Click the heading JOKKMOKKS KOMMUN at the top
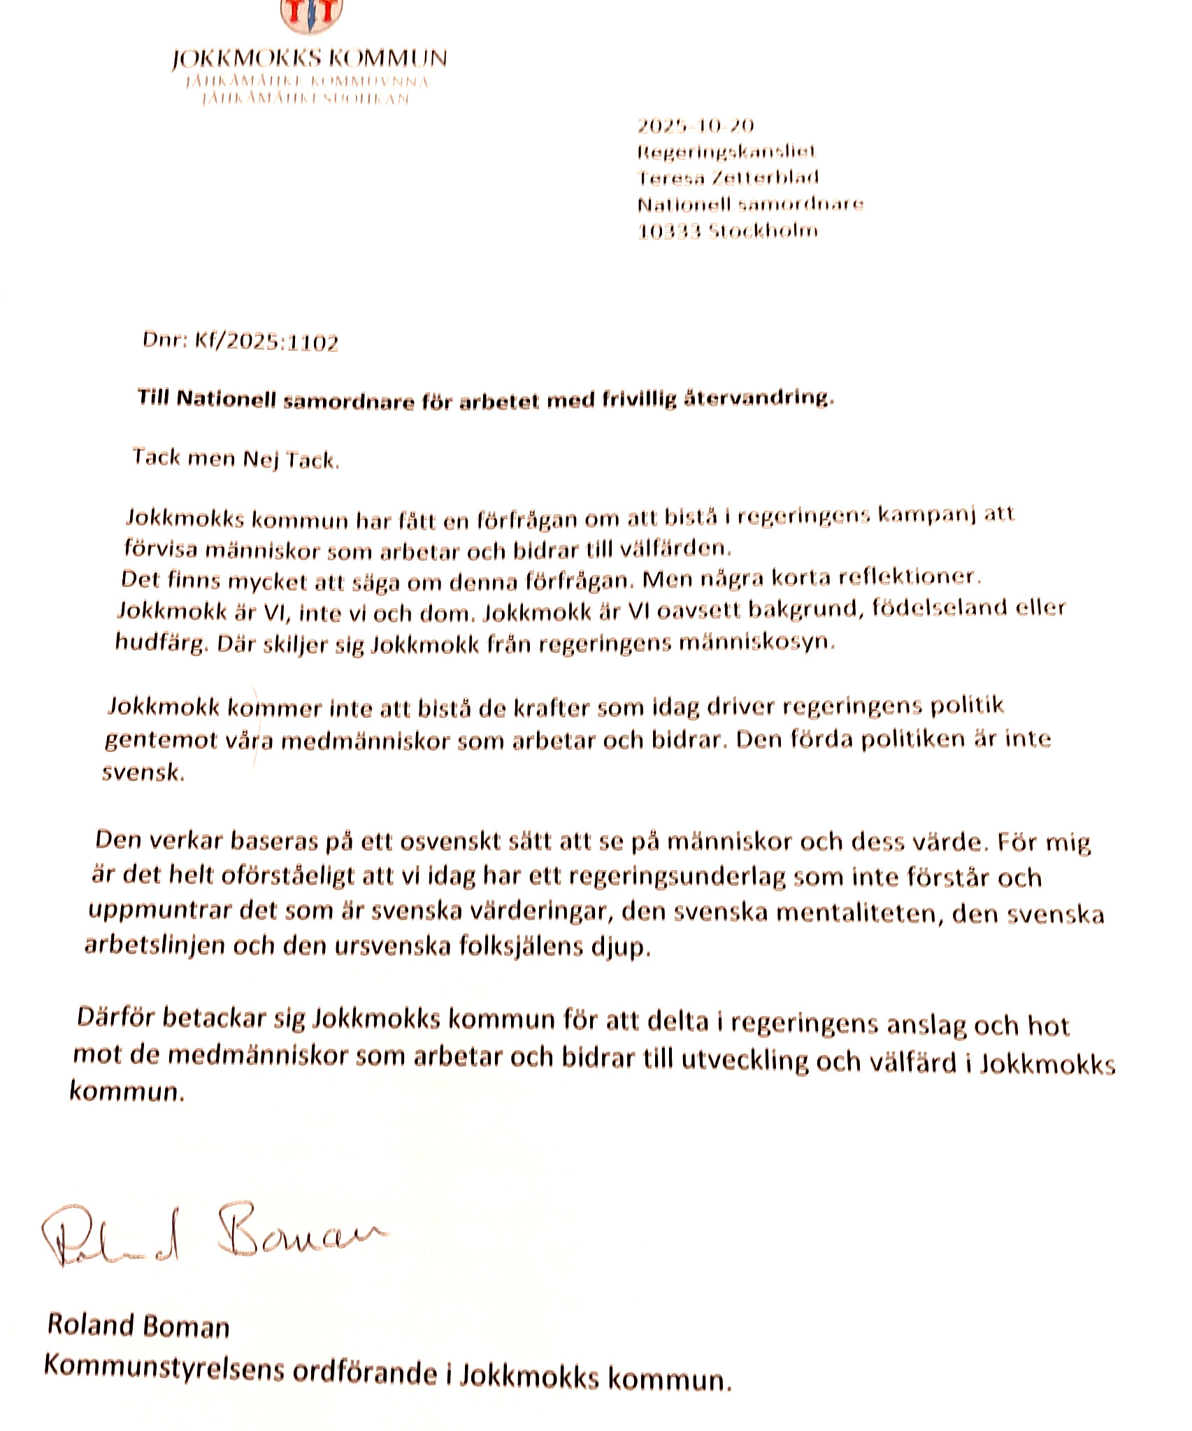pyautogui.click(x=309, y=59)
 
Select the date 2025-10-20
pyautogui.click(x=696, y=126)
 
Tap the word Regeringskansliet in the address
pyautogui.click(x=726, y=152)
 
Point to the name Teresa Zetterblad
pyautogui.click(x=728, y=177)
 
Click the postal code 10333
pyautogui.click(x=669, y=231)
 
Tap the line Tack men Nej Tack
pyautogui.click(x=236, y=459)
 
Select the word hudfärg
pyautogui.click(x=161, y=644)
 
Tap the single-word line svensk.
pyautogui.click(x=143, y=773)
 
